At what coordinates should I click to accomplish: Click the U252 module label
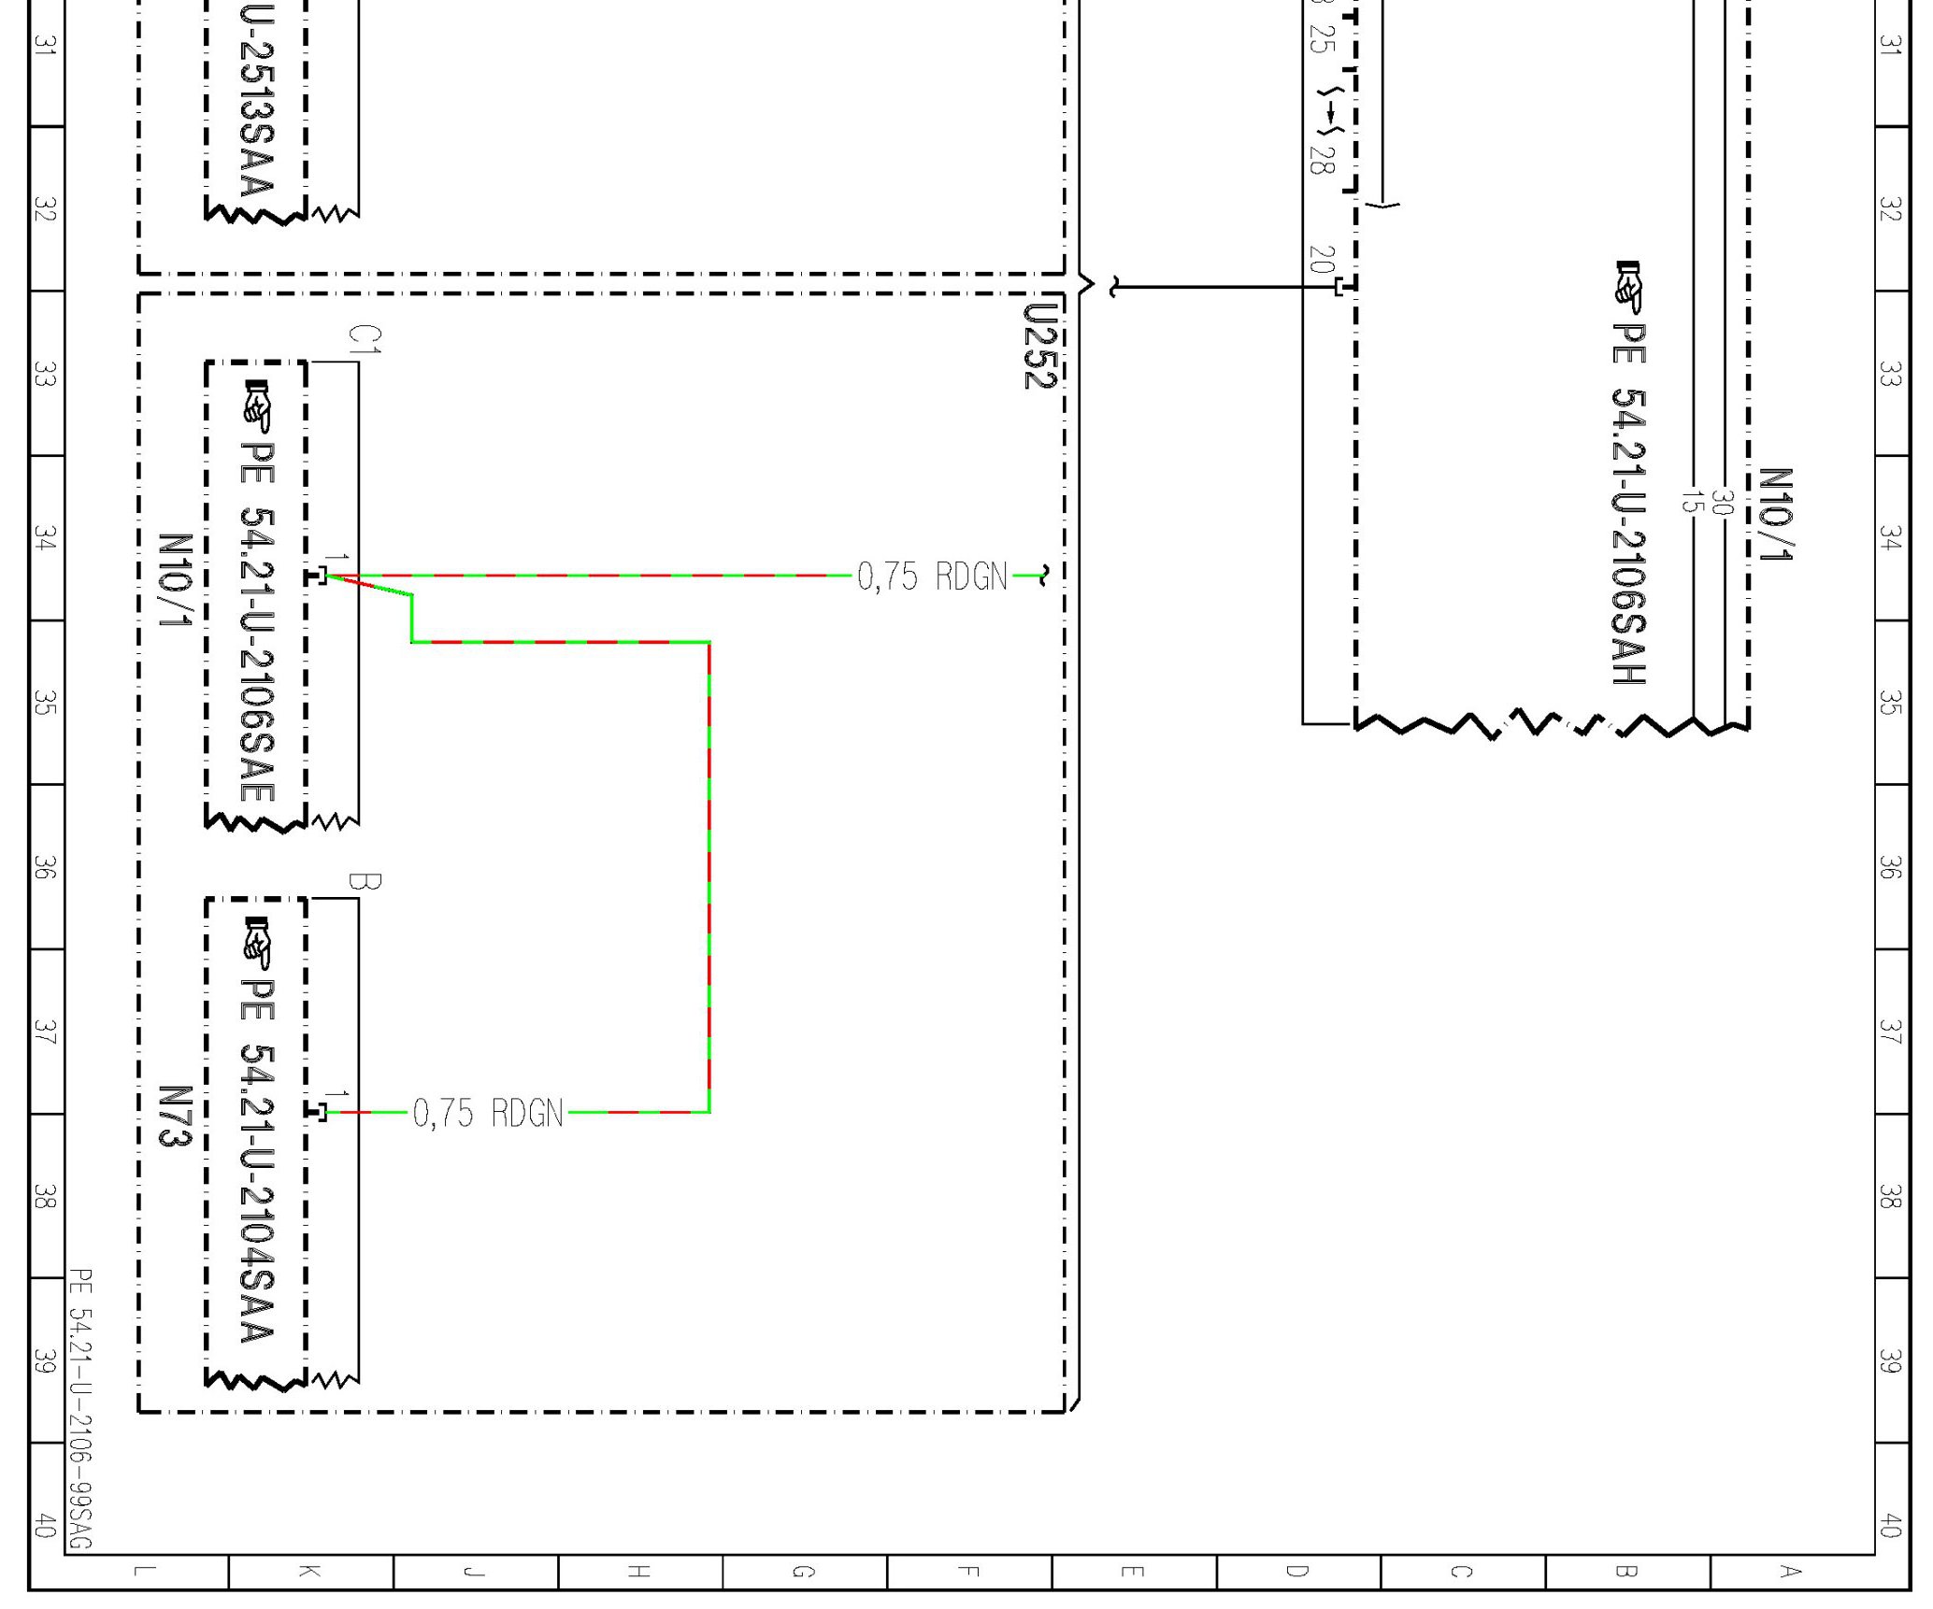1039,347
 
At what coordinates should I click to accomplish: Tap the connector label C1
365,339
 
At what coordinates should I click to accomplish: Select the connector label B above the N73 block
365,881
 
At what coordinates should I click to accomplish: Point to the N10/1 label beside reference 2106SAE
175,581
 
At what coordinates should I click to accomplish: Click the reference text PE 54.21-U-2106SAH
1628,505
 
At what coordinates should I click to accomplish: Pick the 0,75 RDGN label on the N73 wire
488,1114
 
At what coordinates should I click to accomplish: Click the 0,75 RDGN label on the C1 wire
932,577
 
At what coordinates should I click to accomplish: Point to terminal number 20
1320,259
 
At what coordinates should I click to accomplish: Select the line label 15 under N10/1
1688,502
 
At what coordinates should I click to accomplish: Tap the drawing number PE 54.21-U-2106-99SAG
80,1407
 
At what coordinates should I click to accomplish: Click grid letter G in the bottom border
803,1572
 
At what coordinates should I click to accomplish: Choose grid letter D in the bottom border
1297,1572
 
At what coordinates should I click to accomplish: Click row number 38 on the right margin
1890,1196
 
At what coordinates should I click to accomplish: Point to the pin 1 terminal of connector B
318,1112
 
